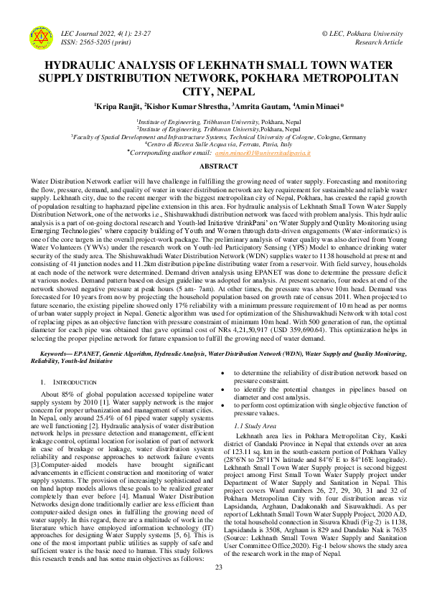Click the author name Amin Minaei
320,105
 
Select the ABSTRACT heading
213,167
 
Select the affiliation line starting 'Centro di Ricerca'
213,143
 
